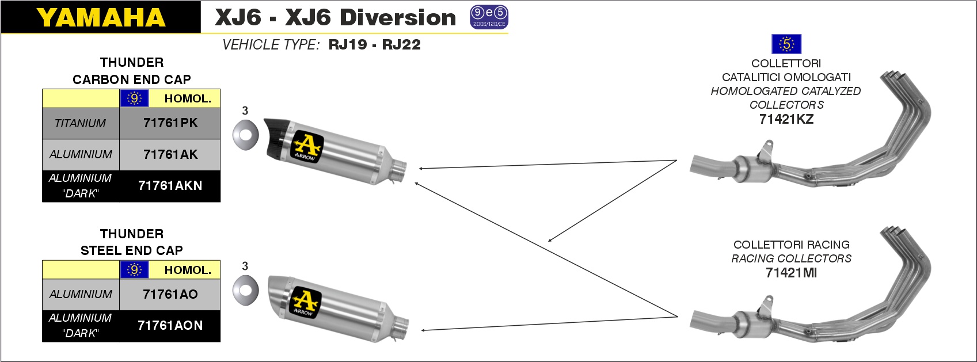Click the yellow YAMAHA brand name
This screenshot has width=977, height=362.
pyautogui.click(x=101, y=18)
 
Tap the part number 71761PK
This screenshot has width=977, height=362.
pyautogui.click(x=170, y=123)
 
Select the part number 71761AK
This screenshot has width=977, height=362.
pyautogui.click(x=170, y=154)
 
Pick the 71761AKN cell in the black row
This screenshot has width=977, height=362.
pyautogui.click(x=170, y=186)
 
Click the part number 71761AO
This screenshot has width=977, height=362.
pyautogui.click(x=170, y=295)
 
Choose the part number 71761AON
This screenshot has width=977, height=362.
pyautogui.click(x=170, y=325)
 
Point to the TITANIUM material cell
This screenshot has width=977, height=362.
pyautogui.click(x=80, y=123)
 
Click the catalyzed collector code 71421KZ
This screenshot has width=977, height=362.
pyautogui.click(x=786, y=119)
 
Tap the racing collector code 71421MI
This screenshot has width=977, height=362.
pyautogui.click(x=791, y=273)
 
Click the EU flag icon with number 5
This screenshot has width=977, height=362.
pyautogui.click(x=786, y=44)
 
